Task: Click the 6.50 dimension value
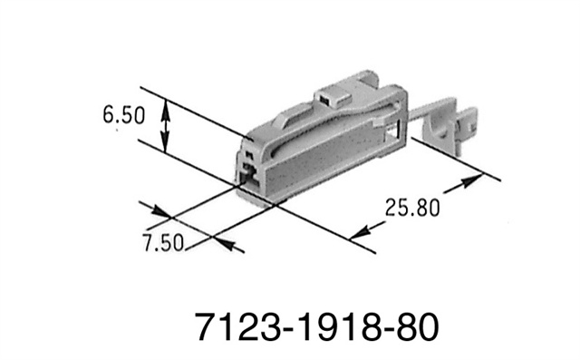coord(123,116)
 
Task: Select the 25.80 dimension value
coord(409,207)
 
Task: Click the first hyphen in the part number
coord(281,326)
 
